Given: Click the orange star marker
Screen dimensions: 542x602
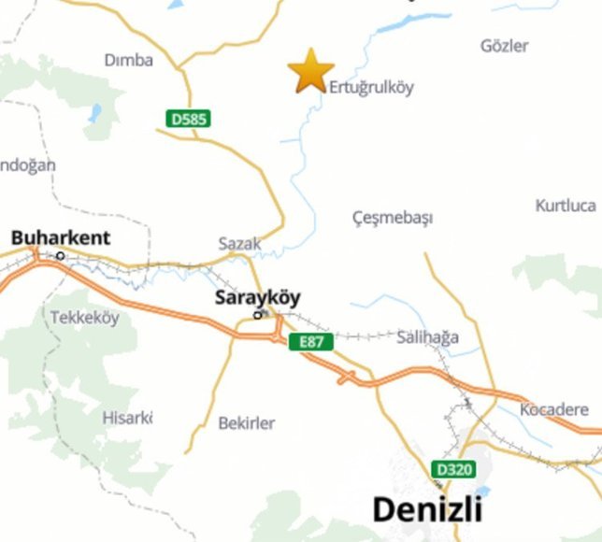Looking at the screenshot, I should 311,71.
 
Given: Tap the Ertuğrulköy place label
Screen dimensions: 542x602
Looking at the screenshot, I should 371,88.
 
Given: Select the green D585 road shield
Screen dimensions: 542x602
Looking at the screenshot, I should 189,119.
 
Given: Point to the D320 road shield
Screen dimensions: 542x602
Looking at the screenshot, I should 453,469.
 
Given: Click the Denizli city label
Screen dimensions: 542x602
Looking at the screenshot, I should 427,509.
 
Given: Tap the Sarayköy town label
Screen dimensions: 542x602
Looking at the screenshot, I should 258,299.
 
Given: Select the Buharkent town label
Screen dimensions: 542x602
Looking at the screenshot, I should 61,238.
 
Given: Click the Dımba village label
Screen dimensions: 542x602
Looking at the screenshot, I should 129,60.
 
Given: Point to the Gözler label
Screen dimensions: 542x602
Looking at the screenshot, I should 504,46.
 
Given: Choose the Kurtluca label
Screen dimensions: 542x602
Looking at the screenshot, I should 566,206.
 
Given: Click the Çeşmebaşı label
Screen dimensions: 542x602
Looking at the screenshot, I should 393,218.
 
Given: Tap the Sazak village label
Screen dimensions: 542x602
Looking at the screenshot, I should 240,243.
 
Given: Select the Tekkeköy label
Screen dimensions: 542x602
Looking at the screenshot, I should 85,318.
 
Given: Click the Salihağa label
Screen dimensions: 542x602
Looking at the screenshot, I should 427,337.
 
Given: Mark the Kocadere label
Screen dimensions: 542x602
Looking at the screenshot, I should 554,410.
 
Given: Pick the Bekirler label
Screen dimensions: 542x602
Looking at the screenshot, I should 247,423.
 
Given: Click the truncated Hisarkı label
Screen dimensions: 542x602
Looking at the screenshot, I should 127,418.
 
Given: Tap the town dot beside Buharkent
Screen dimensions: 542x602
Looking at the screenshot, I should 61,255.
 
